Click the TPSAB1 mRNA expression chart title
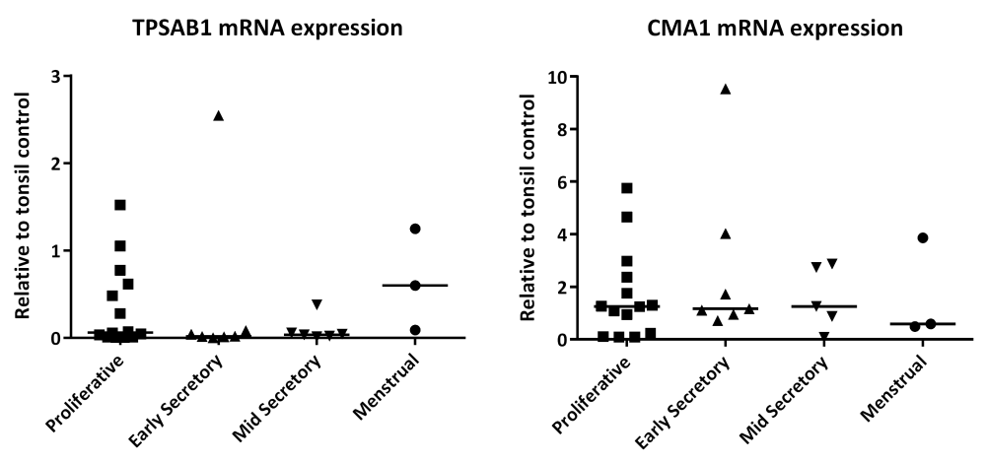(268, 28)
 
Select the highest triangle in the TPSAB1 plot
(218, 116)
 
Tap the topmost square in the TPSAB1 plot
(120, 205)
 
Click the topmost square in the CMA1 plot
(626, 188)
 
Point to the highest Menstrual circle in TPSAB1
(415, 229)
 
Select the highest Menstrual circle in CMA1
(923, 237)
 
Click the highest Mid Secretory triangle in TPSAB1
(317, 304)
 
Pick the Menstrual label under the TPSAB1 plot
(387, 389)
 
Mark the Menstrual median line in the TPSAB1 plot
(415, 286)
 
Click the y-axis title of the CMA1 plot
(528, 208)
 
